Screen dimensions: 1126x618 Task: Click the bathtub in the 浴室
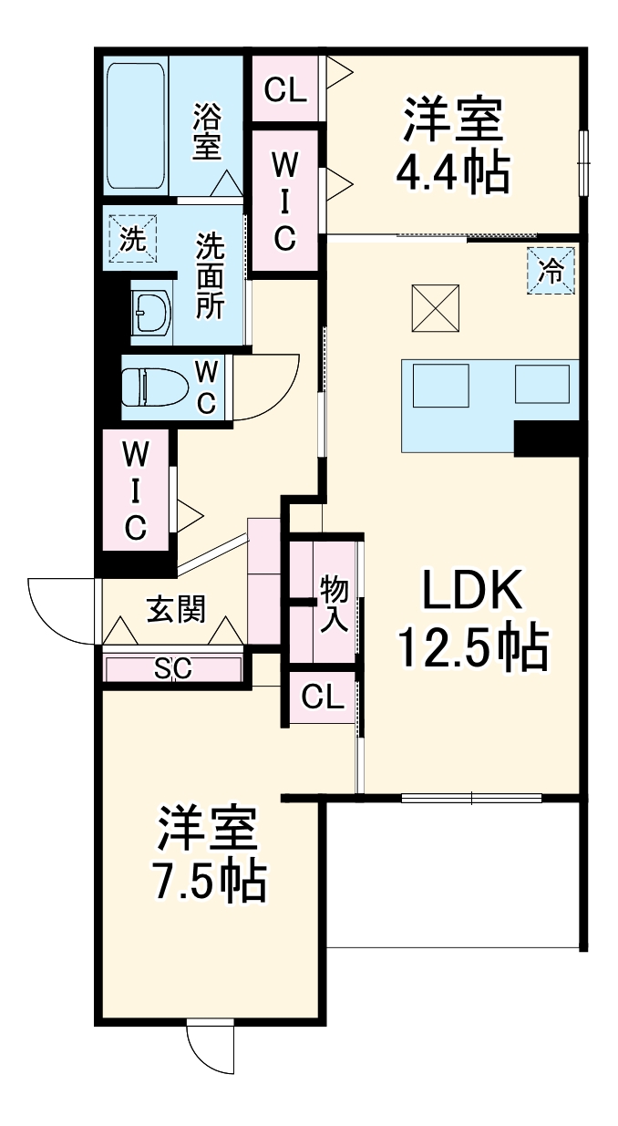pyautogui.click(x=138, y=126)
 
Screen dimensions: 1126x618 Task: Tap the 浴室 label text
pyautogui.click(x=207, y=131)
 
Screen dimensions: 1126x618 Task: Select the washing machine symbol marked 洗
pyautogui.click(x=133, y=239)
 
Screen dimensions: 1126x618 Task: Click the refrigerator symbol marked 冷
pyautogui.click(x=552, y=270)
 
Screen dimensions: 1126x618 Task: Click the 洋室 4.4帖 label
pyautogui.click(x=454, y=146)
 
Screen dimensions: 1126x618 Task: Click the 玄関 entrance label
pyautogui.click(x=176, y=608)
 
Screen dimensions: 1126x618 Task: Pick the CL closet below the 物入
pyautogui.click(x=322, y=697)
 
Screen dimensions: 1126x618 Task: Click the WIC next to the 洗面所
pyautogui.click(x=284, y=201)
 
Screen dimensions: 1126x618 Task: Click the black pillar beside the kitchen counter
pyautogui.click(x=547, y=438)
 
